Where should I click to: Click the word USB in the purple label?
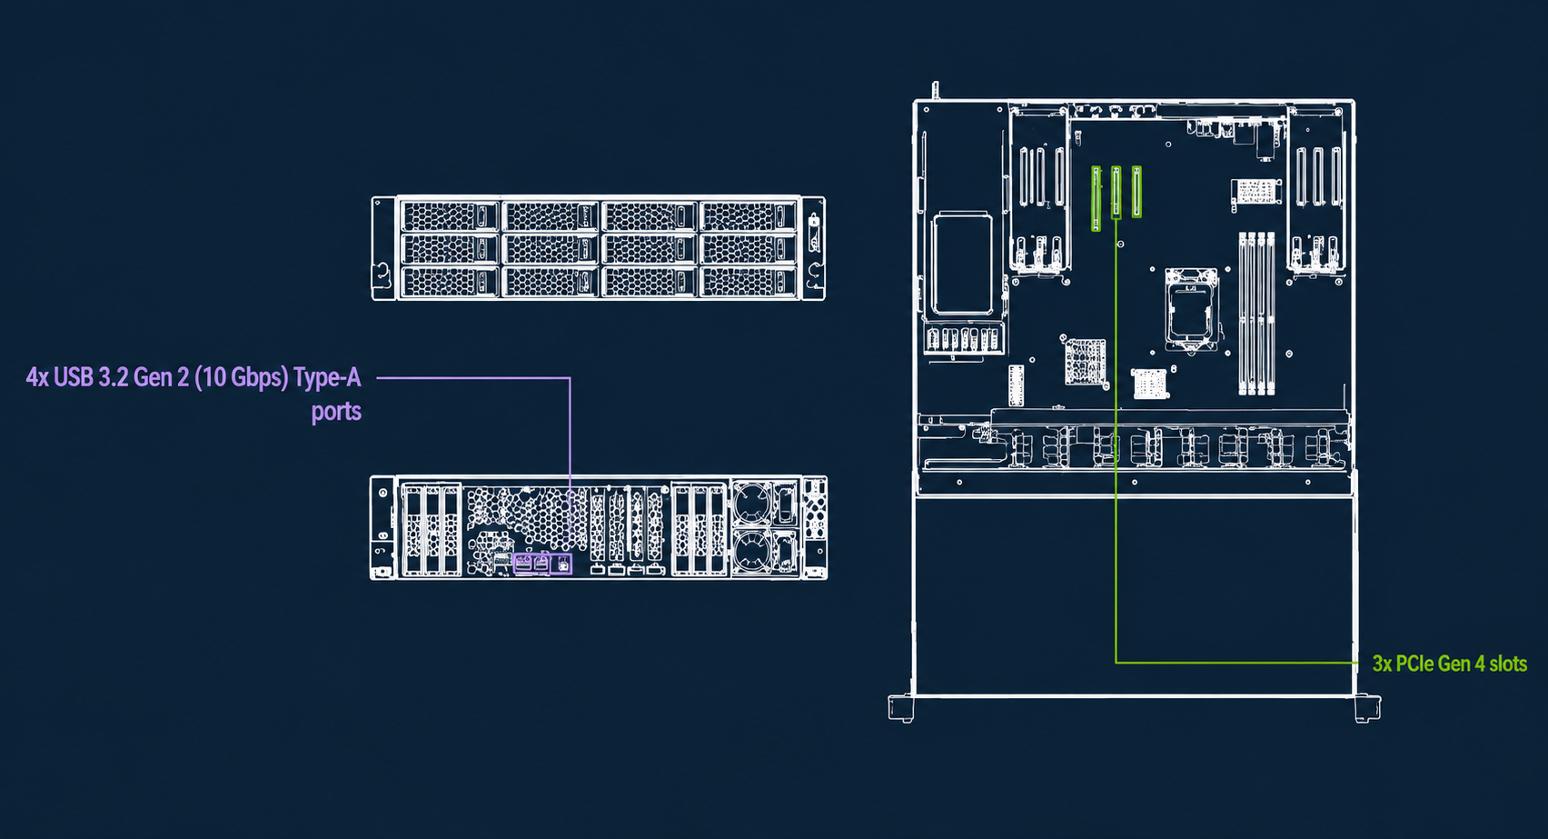74,377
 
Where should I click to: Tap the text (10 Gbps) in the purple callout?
241,377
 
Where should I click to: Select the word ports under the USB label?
336,412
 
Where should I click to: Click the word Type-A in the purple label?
327,377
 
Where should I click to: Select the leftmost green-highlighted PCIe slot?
1096,198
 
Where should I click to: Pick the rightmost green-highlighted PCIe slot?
1136,192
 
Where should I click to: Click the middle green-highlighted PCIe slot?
1116,193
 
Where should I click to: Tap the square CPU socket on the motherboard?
1191,308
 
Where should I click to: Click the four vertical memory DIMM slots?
1256,314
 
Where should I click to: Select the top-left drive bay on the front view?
449,216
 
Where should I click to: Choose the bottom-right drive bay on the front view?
749,282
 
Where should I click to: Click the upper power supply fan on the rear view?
751,502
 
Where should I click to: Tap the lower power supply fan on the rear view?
751,551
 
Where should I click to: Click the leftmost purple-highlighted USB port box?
523,564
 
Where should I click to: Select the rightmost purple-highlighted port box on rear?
561,564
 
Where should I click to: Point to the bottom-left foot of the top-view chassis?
901,709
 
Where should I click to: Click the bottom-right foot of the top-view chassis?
1367,709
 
